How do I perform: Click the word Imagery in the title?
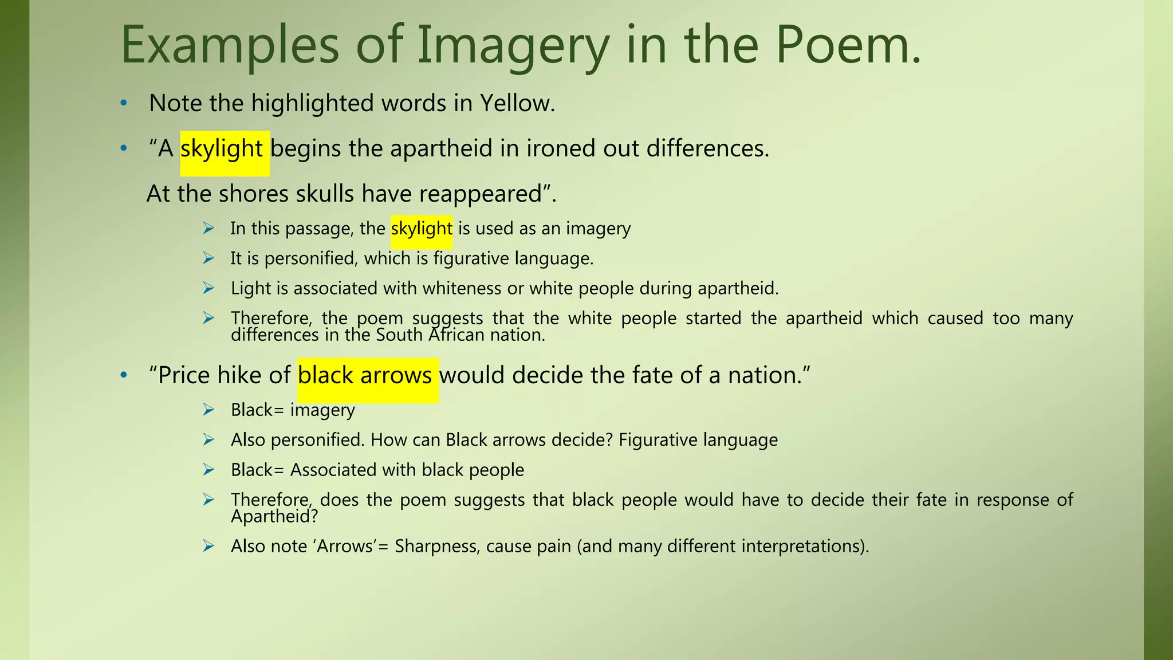click(x=513, y=46)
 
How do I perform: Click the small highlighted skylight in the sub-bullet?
click(x=422, y=229)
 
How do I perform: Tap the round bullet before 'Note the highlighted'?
click(x=123, y=104)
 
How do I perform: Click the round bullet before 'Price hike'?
click(x=123, y=376)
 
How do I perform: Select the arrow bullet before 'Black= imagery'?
click(x=208, y=410)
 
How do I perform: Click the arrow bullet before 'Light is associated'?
click(x=208, y=288)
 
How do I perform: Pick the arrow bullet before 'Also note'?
click(x=208, y=546)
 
